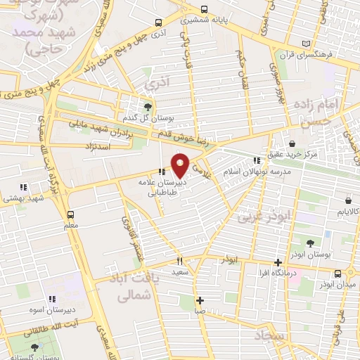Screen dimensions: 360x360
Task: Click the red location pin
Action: click(180, 165)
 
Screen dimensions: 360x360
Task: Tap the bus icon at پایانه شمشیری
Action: click(204, 9)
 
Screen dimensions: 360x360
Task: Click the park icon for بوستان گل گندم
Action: click(147, 107)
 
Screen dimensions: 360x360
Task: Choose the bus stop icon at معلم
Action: click(70, 214)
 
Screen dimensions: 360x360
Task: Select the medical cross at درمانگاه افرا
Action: click(278, 262)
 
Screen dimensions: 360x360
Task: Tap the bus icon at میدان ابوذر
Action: click(338, 274)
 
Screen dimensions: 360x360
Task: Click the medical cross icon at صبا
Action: click(200, 300)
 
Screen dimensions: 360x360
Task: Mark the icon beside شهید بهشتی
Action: click(22, 187)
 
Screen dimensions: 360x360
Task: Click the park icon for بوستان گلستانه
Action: click(34, 348)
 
